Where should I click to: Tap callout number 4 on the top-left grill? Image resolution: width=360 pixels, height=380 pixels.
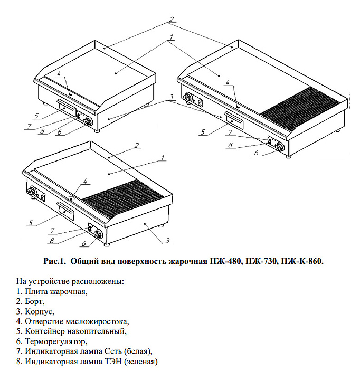pos(59,74)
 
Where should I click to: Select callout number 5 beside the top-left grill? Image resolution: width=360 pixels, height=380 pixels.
pos(36,115)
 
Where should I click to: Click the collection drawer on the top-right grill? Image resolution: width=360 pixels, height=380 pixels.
pos(232,120)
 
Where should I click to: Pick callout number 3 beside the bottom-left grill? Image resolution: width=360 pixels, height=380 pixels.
pos(167,241)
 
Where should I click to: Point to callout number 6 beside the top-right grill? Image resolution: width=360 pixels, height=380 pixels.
pos(256,153)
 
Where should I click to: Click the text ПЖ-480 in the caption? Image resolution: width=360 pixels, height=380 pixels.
pos(228,261)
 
